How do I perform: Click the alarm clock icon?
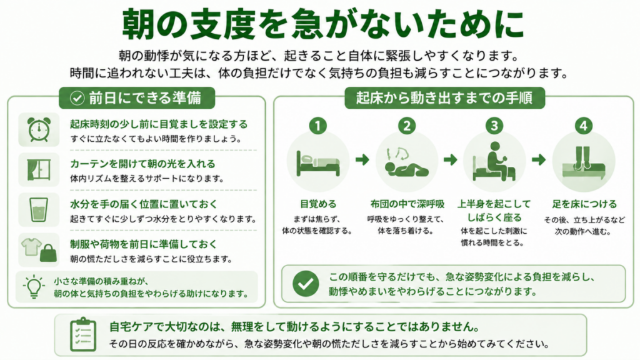click(x=39, y=129)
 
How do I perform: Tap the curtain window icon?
click(x=39, y=169)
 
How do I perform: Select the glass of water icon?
click(x=39, y=209)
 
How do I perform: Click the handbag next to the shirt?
click(x=48, y=253)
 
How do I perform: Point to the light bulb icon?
click(x=34, y=286)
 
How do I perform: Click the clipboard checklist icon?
click(x=83, y=334)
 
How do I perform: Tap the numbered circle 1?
click(x=318, y=126)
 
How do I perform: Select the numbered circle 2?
click(x=406, y=126)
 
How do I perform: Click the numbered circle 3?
click(x=494, y=126)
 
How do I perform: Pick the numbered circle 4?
click(x=583, y=126)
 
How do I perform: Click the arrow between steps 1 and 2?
click(x=362, y=159)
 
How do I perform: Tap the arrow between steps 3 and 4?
click(x=539, y=159)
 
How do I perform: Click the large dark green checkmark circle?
click(x=306, y=284)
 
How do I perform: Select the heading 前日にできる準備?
click(x=145, y=98)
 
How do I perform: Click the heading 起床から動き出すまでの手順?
click(x=444, y=98)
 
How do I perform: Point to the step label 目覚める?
click(x=318, y=204)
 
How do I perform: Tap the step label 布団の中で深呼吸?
click(x=407, y=204)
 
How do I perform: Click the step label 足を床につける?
click(x=584, y=204)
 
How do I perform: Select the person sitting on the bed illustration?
click(x=494, y=161)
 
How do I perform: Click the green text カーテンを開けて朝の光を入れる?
click(x=142, y=164)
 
